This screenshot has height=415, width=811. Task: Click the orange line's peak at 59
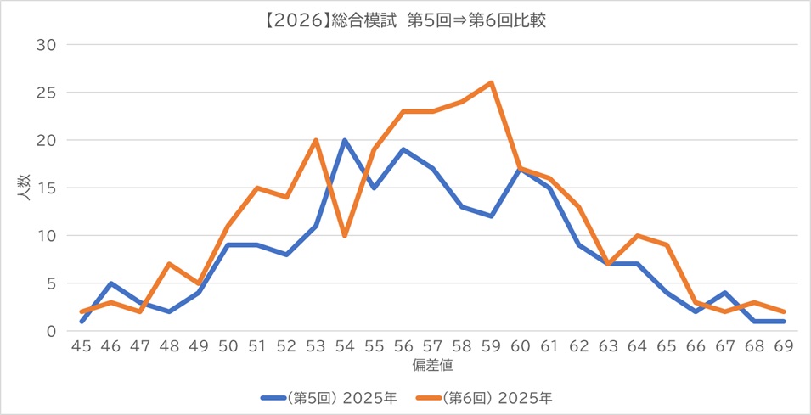[x=492, y=83]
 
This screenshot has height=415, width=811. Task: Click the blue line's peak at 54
[x=345, y=140]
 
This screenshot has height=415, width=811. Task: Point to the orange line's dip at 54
[x=345, y=235]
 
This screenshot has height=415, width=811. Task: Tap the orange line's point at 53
[x=316, y=140]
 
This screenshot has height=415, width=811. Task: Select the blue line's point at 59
[x=492, y=216]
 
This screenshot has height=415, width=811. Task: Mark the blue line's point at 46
[x=110, y=283]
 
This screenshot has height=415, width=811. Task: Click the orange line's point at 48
[x=169, y=264]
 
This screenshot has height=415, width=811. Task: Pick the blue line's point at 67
[x=726, y=293]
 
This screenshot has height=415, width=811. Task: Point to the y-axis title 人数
[x=25, y=188]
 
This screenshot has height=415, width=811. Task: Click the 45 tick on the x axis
[x=82, y=347]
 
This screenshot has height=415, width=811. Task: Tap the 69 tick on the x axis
[x=785, y=347]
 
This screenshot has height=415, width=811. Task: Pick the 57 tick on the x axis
[x=433, y=347]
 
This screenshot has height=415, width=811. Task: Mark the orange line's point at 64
[x=639, y=235]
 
